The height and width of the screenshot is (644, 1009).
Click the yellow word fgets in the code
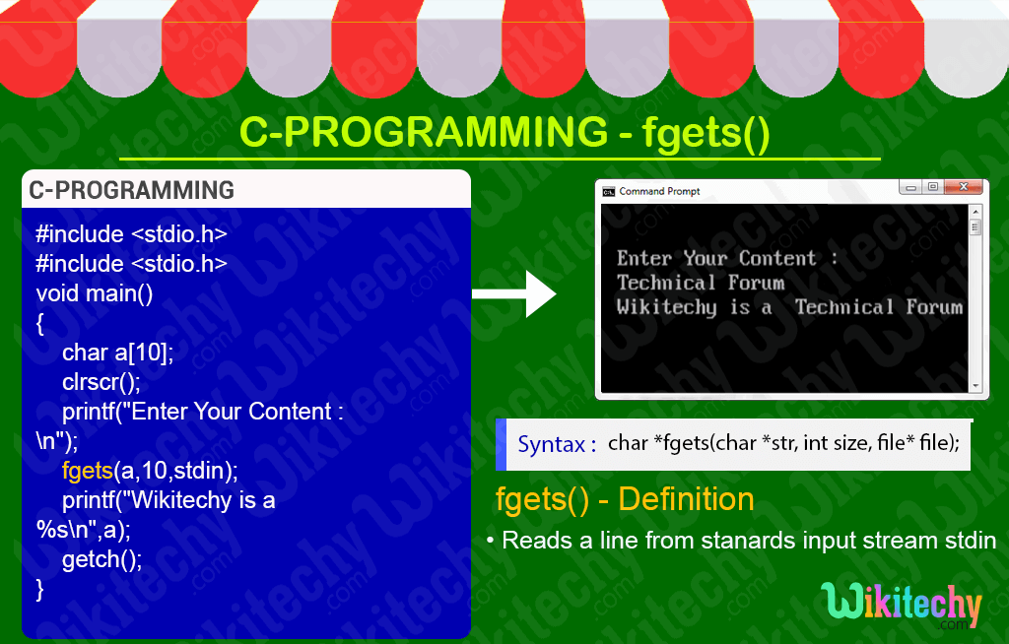point(88,471)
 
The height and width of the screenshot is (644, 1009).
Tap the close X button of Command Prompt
point(964,186)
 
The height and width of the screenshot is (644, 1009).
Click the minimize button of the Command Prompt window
point(910,187)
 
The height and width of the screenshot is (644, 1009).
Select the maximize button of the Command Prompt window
point(933,186)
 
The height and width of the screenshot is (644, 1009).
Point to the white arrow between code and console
point(513,294)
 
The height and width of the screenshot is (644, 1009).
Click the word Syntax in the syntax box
point(552,444)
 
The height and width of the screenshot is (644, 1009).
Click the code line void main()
point(95,294)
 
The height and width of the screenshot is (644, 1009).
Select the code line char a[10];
point(118,353)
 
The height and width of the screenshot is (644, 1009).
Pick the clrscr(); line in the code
point(101,382)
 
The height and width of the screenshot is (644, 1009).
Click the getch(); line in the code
point(101,559)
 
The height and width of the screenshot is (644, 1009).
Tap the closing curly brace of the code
point(39,589)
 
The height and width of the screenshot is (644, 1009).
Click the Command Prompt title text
point(659,191)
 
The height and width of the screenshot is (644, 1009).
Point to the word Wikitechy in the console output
point(667,307)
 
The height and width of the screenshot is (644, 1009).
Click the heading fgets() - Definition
point(625,499)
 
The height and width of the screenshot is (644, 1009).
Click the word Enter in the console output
point(644,258)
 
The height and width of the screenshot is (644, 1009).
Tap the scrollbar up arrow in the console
point(975,212)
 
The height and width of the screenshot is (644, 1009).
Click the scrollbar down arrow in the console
point(975,385)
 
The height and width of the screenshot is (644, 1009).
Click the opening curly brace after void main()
point(39,324)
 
